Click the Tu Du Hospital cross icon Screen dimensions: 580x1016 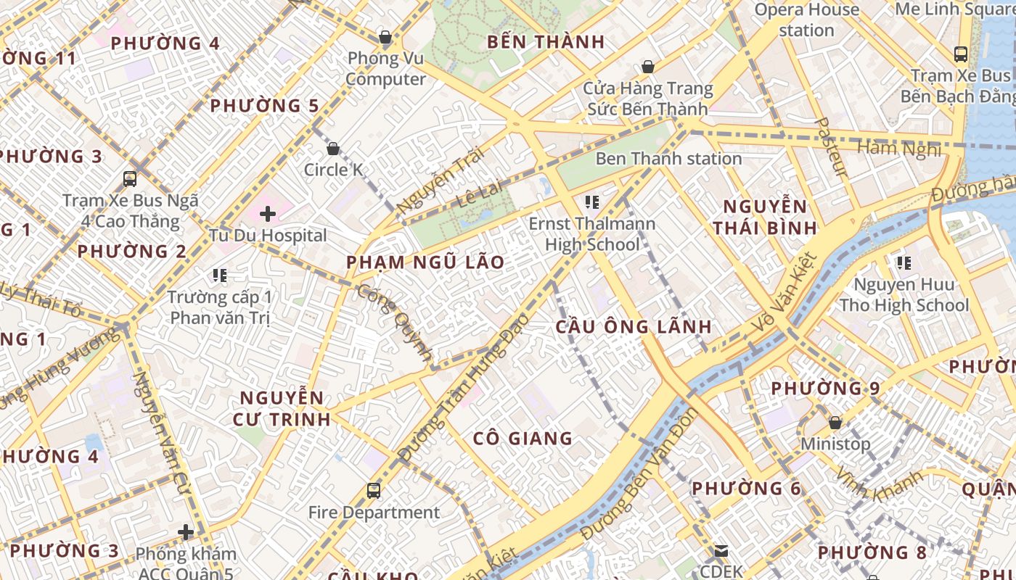point(268,214)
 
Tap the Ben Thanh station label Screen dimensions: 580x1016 point(668,159)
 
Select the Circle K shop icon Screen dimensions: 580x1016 point(333,149)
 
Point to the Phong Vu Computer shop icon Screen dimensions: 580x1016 point(385,37)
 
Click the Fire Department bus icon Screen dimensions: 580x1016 point(374,491)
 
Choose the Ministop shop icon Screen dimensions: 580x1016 point(835,422)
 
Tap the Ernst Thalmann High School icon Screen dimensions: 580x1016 point(592,202)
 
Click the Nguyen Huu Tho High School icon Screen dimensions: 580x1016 point(904,263)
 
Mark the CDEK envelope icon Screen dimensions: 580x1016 point(721,551)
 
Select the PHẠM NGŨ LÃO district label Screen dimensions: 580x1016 point(425,262)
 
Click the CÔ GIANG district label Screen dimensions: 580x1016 point(523,439)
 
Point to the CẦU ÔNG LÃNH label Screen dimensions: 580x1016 point(634,327)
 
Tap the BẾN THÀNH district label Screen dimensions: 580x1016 point(546,42)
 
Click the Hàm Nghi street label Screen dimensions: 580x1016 point(899,149)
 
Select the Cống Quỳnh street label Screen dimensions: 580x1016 point(396,323)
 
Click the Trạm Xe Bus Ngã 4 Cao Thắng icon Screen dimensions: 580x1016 point(130,179)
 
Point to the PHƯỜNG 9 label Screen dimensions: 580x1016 point(825,389)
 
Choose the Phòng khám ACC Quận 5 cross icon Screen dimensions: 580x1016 point(186,533)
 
